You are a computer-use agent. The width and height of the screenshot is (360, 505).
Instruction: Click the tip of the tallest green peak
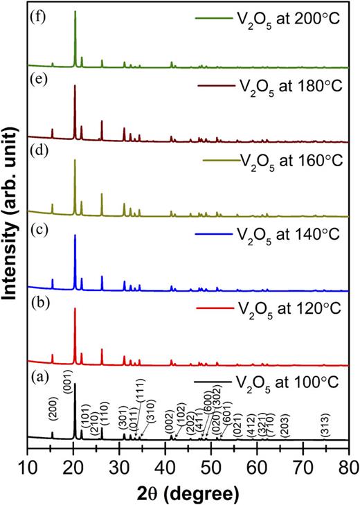click(x=75, y=12)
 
